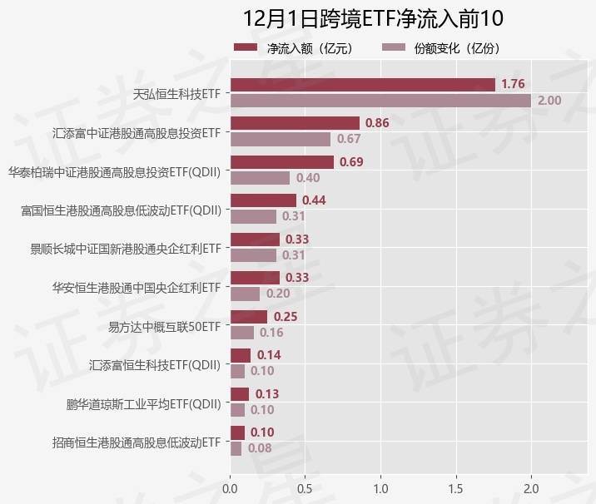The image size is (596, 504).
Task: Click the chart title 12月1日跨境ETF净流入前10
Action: tap(373, 19)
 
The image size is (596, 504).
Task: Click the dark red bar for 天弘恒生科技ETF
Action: tap(362, 84)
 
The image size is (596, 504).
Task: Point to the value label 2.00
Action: tap(549, 101)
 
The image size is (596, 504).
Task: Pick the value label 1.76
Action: tap(513, 84)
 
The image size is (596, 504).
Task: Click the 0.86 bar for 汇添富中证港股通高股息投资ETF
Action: tap(295, 123)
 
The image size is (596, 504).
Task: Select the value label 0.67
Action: tap(349, 139)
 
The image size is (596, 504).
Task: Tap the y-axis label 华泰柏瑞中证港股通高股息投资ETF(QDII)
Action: tap(115, 170)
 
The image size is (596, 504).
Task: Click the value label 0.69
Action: tap(351, 161)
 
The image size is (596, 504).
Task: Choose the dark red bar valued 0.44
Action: tap(263, 200)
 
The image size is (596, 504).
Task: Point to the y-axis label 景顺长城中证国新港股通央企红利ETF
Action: tap(126, 248)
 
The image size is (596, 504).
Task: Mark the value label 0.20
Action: tap(278, 294)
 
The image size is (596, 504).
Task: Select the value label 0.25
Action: tap(286, 317)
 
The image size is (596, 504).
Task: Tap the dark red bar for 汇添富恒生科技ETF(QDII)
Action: tap(240, 355)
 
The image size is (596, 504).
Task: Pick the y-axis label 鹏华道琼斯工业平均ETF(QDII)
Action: tap(144, 404)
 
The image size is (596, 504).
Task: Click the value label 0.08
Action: tap(260, 448)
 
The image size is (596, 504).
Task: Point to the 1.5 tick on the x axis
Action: tap(456, 487)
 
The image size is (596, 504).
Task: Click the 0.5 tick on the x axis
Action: tap(305, 487)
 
